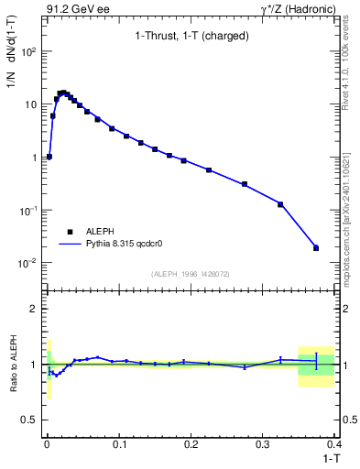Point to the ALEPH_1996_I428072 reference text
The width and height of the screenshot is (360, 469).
(190, 274)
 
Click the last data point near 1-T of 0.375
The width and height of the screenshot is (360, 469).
(316, 248)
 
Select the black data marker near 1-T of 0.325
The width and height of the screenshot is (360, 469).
(280, 204)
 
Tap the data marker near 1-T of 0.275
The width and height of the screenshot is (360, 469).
(245, 184)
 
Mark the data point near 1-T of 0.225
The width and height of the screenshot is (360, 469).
(209, 170)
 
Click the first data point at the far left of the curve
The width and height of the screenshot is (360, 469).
(49, 157)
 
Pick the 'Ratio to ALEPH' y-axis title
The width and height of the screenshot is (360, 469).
(12, 364)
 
